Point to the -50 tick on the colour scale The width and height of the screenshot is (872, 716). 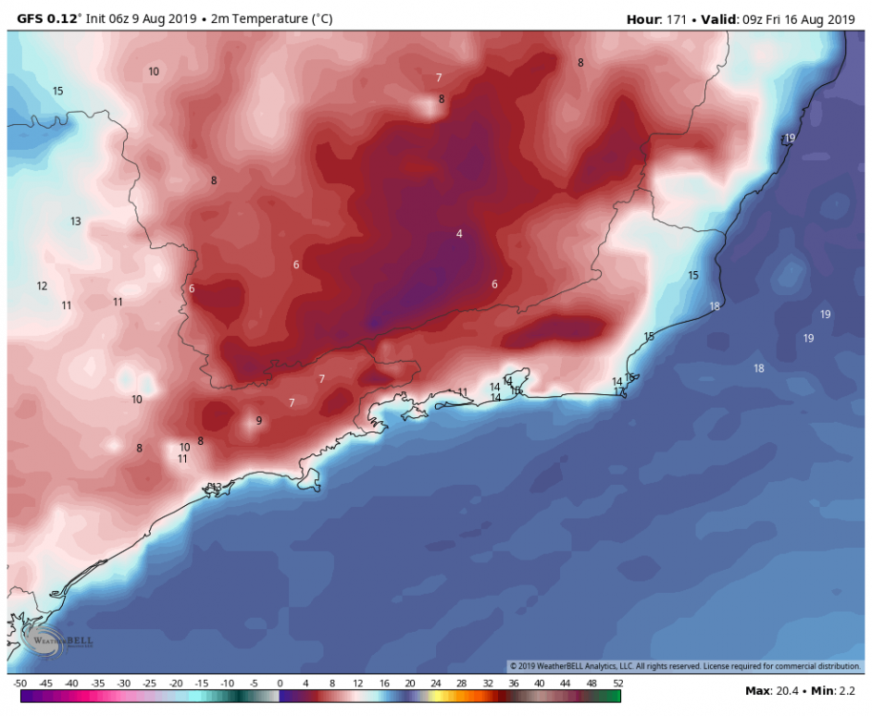(x=20, y=684)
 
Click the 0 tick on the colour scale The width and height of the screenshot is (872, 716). (x=280, y=684)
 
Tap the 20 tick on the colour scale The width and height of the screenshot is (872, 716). (x=409, y=684)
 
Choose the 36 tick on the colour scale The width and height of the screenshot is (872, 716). (x=514, y=684)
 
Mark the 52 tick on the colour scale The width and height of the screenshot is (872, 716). (x=618, y=684)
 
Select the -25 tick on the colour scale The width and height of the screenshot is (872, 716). (x=150, y=684)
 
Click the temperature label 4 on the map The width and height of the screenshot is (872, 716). (x=459, y=234)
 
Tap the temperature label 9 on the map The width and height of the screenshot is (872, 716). (x=259, y=421)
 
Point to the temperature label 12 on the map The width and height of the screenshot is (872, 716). (x=42, y=286)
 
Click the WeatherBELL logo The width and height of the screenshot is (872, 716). (x=57, y=642)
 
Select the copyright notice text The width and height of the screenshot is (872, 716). (x=685, y=666)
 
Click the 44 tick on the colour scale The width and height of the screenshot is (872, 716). (x=566, y=684)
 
